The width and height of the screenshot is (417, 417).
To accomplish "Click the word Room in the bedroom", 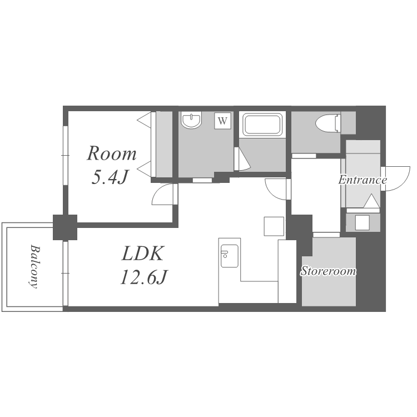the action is pyautogui.click(x=111, y=153).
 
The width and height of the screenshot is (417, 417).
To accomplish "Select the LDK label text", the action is pyautogui.click(x=142, y=254).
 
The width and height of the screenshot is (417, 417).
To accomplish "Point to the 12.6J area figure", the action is pyautogui.click(x=143, y=277).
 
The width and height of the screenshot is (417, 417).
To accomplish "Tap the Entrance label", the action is pyautogui.click(x=363, y=180).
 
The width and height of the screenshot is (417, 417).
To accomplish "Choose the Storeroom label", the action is pyautogui.click(x=329, y=271).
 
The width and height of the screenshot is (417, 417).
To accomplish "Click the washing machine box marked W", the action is pyautogui.click(x=222, y=121).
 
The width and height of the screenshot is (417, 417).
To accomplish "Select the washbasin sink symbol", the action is pyautogui.click(x=191, y=120).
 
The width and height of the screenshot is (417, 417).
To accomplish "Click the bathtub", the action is pyautogui.click(x=262, y=124).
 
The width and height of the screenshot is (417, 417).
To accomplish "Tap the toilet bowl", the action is pyautogui.click(x=328, y=123).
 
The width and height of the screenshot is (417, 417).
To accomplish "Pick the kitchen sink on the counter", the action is pyautogui.click(x=229, y=256).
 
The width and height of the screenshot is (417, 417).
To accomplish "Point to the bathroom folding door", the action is pyautogui.click(x=242, y=159).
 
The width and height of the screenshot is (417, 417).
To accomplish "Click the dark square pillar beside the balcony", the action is pyautogui.click(x=65, y=227).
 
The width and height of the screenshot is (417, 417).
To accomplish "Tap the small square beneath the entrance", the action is pyautogui.click(x=362, y=222).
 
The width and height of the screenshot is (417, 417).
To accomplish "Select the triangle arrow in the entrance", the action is pyautogui.click(x=371, y=201).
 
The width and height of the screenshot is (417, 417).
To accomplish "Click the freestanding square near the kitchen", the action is pyautogui.click(x=274, y=226).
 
